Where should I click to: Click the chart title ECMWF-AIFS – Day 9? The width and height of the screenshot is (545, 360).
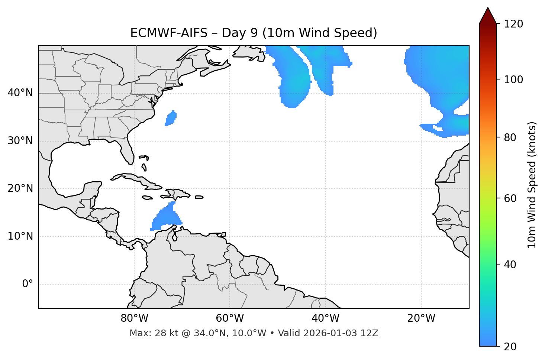pos(254,33)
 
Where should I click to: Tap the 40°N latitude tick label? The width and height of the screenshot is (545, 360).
pos(20,93)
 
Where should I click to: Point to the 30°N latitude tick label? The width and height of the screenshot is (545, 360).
pos(20,141)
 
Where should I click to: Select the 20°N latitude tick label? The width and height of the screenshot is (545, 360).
pos(20,188)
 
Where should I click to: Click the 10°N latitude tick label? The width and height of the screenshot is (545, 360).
pos(20,236)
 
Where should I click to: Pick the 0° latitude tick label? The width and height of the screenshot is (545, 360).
pos(28,284)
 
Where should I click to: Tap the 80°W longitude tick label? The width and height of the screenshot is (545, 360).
pos(134,318)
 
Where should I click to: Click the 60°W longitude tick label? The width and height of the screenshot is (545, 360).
pos(230,318)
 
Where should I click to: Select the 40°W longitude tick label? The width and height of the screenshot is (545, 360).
pos(325,318)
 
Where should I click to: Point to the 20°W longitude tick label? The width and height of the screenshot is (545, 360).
pos(421,318)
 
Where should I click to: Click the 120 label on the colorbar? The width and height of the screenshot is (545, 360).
pos(513,24)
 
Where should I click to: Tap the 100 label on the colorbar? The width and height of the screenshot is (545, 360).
pos(513,80)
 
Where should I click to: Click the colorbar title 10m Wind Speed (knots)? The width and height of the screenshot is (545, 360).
pos(532,185)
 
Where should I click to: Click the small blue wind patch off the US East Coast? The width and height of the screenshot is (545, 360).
pos(171,118)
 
